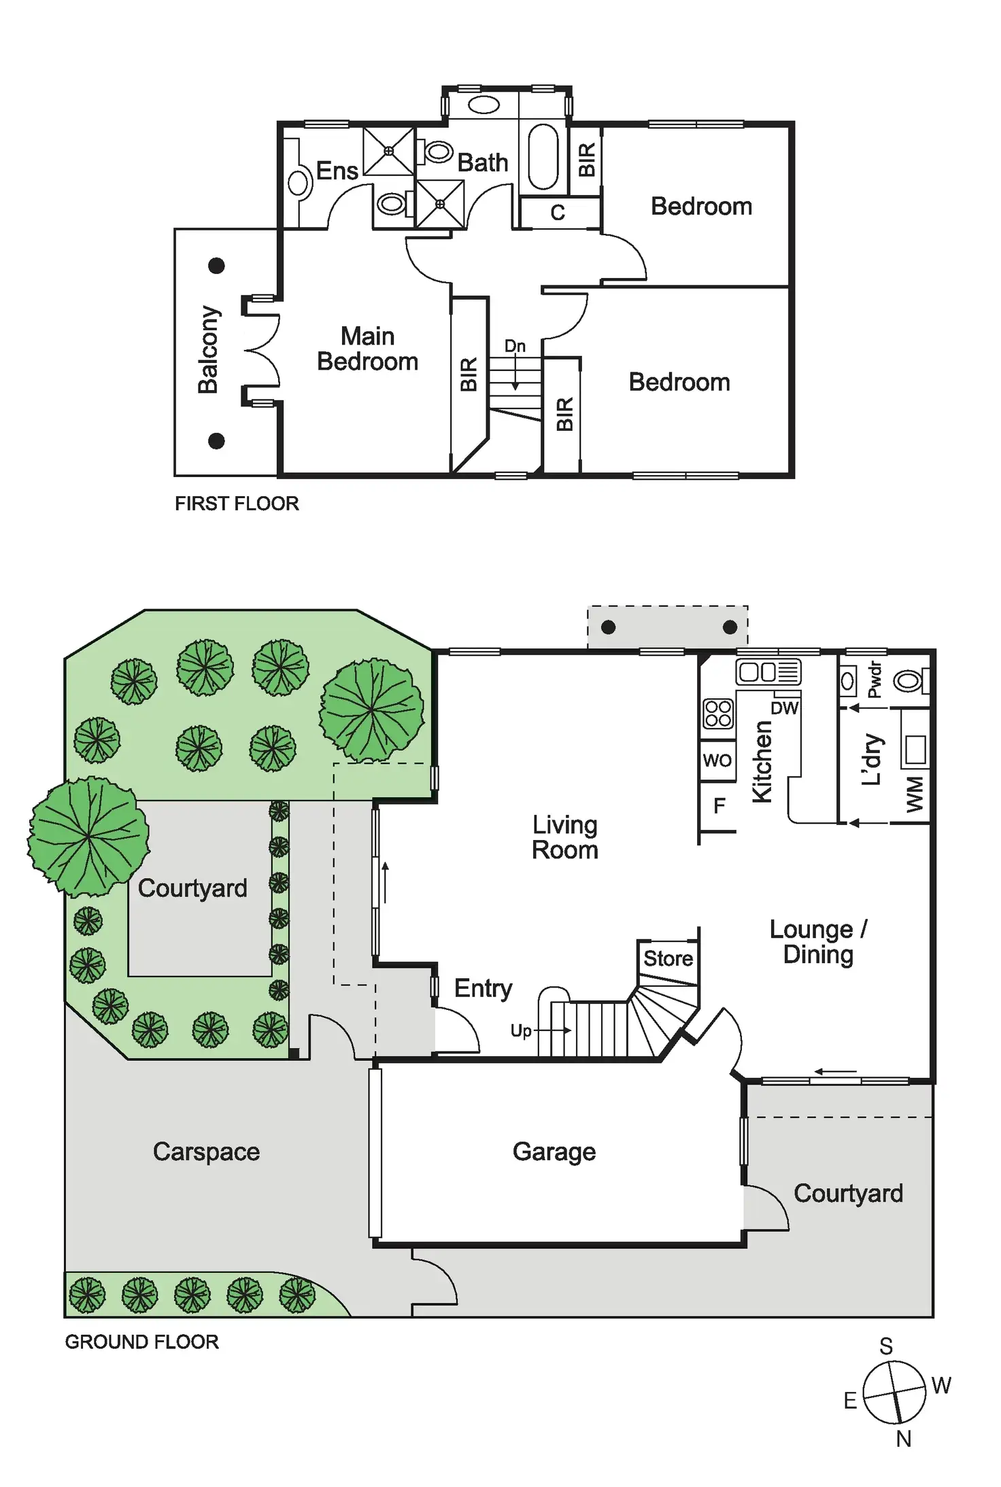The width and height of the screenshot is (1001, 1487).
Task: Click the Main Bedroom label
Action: pos(367,349)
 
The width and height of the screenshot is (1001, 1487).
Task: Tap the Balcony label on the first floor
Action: pos(208,349)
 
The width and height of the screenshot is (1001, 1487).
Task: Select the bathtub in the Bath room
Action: pos(543,156)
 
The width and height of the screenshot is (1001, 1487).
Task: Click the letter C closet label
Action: pos(558,213)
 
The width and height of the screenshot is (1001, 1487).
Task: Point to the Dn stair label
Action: pos(515,346)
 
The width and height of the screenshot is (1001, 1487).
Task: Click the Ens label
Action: pos(337,171)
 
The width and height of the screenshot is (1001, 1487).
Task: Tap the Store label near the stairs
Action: pos(668,958)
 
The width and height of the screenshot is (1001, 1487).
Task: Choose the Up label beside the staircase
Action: pos(521,1030)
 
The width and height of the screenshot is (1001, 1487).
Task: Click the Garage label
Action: pos(554,1151)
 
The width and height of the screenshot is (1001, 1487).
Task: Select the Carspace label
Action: pos(206,1151)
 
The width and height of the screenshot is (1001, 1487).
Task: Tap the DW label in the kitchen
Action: pos(784,708)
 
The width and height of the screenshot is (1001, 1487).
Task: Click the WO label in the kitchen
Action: pos(717,760)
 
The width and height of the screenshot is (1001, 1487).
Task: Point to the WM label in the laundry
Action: pos(915,794)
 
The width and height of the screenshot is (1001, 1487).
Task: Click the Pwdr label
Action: pos(875,680)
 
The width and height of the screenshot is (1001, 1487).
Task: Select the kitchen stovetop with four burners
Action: pos(718,714)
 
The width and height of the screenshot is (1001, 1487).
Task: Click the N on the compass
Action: pos(903,1439)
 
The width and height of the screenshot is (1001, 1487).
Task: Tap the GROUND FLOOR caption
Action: pos(141,1342)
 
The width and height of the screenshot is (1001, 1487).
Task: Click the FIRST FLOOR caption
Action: pos(237,504)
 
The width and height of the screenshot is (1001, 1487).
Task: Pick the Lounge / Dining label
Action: pos(818,942)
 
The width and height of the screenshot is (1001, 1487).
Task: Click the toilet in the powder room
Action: pos(909,680)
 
